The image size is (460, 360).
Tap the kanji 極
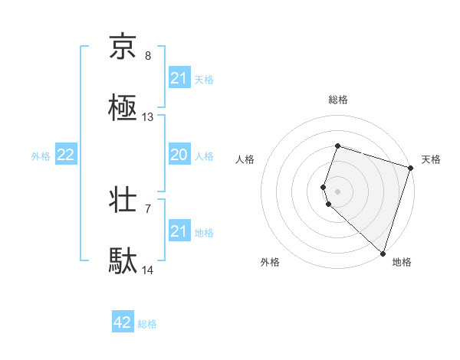click(x=123, y=110)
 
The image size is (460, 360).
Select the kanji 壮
click(x=123, y=201)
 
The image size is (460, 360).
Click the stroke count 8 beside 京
click(x=148, y=56)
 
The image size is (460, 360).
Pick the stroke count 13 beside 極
click(x=148, y=117)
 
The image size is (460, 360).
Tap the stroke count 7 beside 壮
click(x=148, y=208)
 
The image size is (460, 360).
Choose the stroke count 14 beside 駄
click(x=148, y=270)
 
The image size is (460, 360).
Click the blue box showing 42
click(x=123, y=323)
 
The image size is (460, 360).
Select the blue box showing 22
click(x=66, y=155)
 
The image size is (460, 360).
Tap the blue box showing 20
click(x=179, y=155)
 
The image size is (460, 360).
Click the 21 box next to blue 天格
click(x=179, y=78)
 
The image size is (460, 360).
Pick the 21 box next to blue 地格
click(x=179, y=231)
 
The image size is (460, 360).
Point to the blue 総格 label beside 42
click(x=147, y=324)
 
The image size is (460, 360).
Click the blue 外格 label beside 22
click(x=41, y=156)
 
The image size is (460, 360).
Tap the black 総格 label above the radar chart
click(x=338, y=100)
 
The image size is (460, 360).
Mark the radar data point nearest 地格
click(x=383, y=253)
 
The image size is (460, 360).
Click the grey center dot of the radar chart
click(x=338, y=191)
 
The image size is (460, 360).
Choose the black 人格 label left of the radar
click(x=245, y=159)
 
